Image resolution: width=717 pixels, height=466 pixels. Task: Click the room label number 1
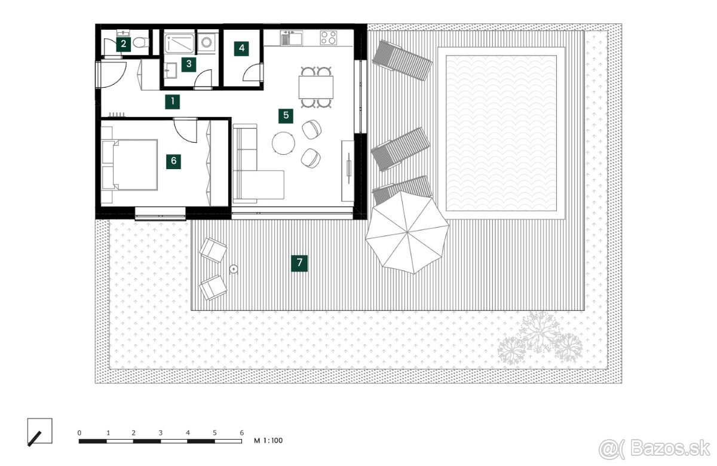tap(172, 102)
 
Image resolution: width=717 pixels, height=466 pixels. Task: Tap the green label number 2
tap(124, 44)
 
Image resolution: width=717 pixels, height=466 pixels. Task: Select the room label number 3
tap(189, 65)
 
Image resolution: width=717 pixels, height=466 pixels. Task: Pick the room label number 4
tap(241, 48)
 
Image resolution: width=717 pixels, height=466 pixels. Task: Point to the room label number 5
tap(286, 115)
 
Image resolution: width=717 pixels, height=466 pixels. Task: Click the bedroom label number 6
tap(173, 161)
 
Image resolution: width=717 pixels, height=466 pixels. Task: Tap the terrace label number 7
tap(299, 263)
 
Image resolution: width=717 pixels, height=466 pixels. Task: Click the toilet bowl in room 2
tap(140, 42)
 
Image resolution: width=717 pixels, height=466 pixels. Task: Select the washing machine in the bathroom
tap(206, 42)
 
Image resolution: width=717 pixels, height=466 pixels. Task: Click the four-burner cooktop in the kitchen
tap(329, 38)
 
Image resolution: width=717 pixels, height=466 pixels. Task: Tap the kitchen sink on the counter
tap(292, 38)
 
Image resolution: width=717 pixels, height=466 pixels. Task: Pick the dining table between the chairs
tap(316, 87)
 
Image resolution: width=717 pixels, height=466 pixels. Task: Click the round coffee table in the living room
tap(283, 143)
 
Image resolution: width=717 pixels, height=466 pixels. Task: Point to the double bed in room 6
tap(129, 165)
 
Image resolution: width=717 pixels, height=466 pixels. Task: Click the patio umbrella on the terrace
tap(407, 232)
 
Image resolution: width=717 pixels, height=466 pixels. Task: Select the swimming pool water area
tap(501, 133)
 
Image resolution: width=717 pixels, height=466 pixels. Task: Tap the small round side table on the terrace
tap(234, 269)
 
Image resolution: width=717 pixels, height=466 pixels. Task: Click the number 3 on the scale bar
tap(161, 433)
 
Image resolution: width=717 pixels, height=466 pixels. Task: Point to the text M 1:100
tap(268, 441)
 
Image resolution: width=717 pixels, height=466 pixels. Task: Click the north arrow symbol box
tap(39, 431)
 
